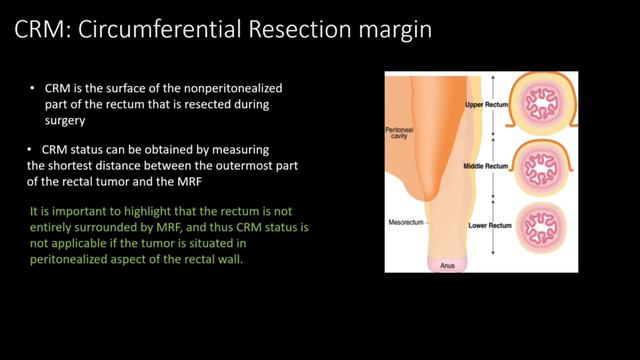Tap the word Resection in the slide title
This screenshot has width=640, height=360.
point(300,31)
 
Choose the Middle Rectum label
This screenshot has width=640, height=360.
point(487,167)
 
